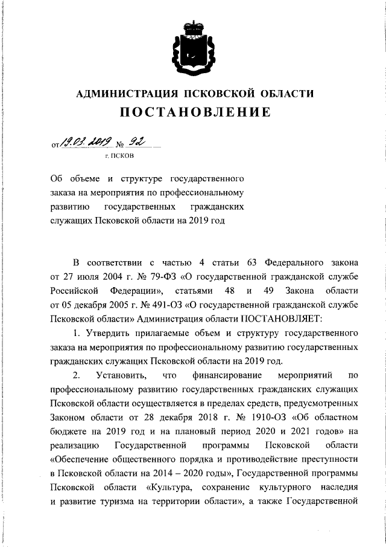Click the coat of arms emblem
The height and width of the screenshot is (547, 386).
pos(192,45)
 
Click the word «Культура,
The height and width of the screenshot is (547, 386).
pos(168,487)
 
